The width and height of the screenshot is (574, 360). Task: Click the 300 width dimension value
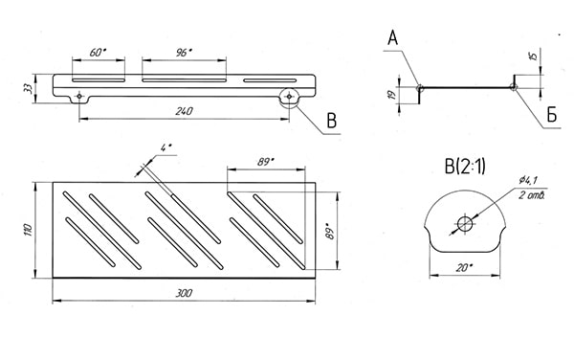pyautogui.click(x=184, y=293)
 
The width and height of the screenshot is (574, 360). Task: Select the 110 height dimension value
pyautogui.click(x=29, y=230)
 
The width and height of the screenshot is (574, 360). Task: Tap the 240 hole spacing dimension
pyautogui.click(x=184, y=111)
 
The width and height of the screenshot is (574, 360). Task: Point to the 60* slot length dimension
pyautogui.click(x=98, y=53)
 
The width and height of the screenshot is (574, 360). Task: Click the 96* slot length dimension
pyautogui.click(x=184, y=53)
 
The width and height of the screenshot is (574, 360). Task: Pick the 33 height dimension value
pyautogui.click(x=28, y=88)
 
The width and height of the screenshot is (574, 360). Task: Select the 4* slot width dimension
pyautogui.click(x=166, y=147)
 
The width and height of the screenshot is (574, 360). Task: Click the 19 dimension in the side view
pyautogui.click(x=392, y=95)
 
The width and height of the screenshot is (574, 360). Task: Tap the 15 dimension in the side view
pyautogui.click(x=533, y=56)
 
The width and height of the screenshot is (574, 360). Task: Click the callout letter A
pyautogui.click(x=393, y=38)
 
